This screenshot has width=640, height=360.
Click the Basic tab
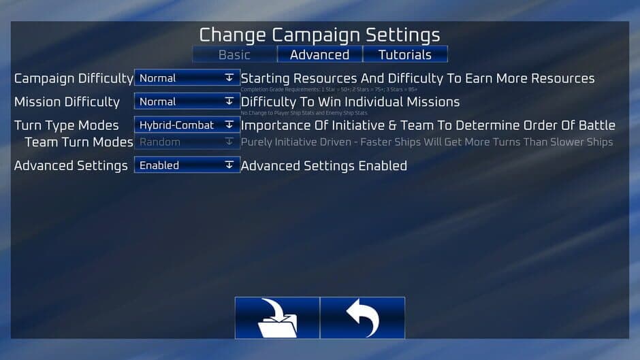click(234, 55)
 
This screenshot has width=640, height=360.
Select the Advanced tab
click(319, 55)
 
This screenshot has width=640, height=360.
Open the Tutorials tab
click(405, 55)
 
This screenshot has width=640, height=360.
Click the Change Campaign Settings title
click(319, 35)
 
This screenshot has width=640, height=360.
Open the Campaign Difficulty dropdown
click(187, 78)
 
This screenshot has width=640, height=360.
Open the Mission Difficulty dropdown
click(187, 101)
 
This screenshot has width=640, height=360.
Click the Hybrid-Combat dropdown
click(187, 125)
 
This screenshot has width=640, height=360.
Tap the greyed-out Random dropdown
click(187, 142)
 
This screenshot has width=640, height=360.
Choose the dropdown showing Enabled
click(187, 165)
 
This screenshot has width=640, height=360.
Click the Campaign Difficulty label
click(74, 79)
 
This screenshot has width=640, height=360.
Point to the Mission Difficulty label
click(67, 102)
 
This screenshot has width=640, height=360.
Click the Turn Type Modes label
click(66, 126)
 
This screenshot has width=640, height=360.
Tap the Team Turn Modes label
click(79, 142)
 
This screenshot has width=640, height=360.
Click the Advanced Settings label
click(71, 166)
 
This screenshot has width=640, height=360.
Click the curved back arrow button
click(362, 318)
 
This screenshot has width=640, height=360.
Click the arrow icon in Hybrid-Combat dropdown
click(229, 125)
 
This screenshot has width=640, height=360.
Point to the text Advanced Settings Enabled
click(324, 166)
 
